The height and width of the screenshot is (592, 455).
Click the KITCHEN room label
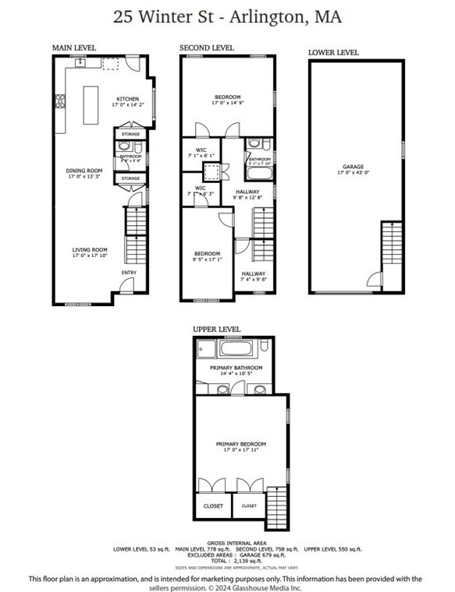pos(127,99)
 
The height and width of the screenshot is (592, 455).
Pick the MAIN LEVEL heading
pos(73,48)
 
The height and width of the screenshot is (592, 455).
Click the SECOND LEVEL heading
pos(206,48)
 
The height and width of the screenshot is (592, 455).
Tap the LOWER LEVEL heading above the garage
pos(333,53)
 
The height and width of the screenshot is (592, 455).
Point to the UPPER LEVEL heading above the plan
pos(217,329)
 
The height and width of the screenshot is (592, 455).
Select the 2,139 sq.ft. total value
pos(237,561)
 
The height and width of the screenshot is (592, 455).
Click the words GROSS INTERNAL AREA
pos(237,542)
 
